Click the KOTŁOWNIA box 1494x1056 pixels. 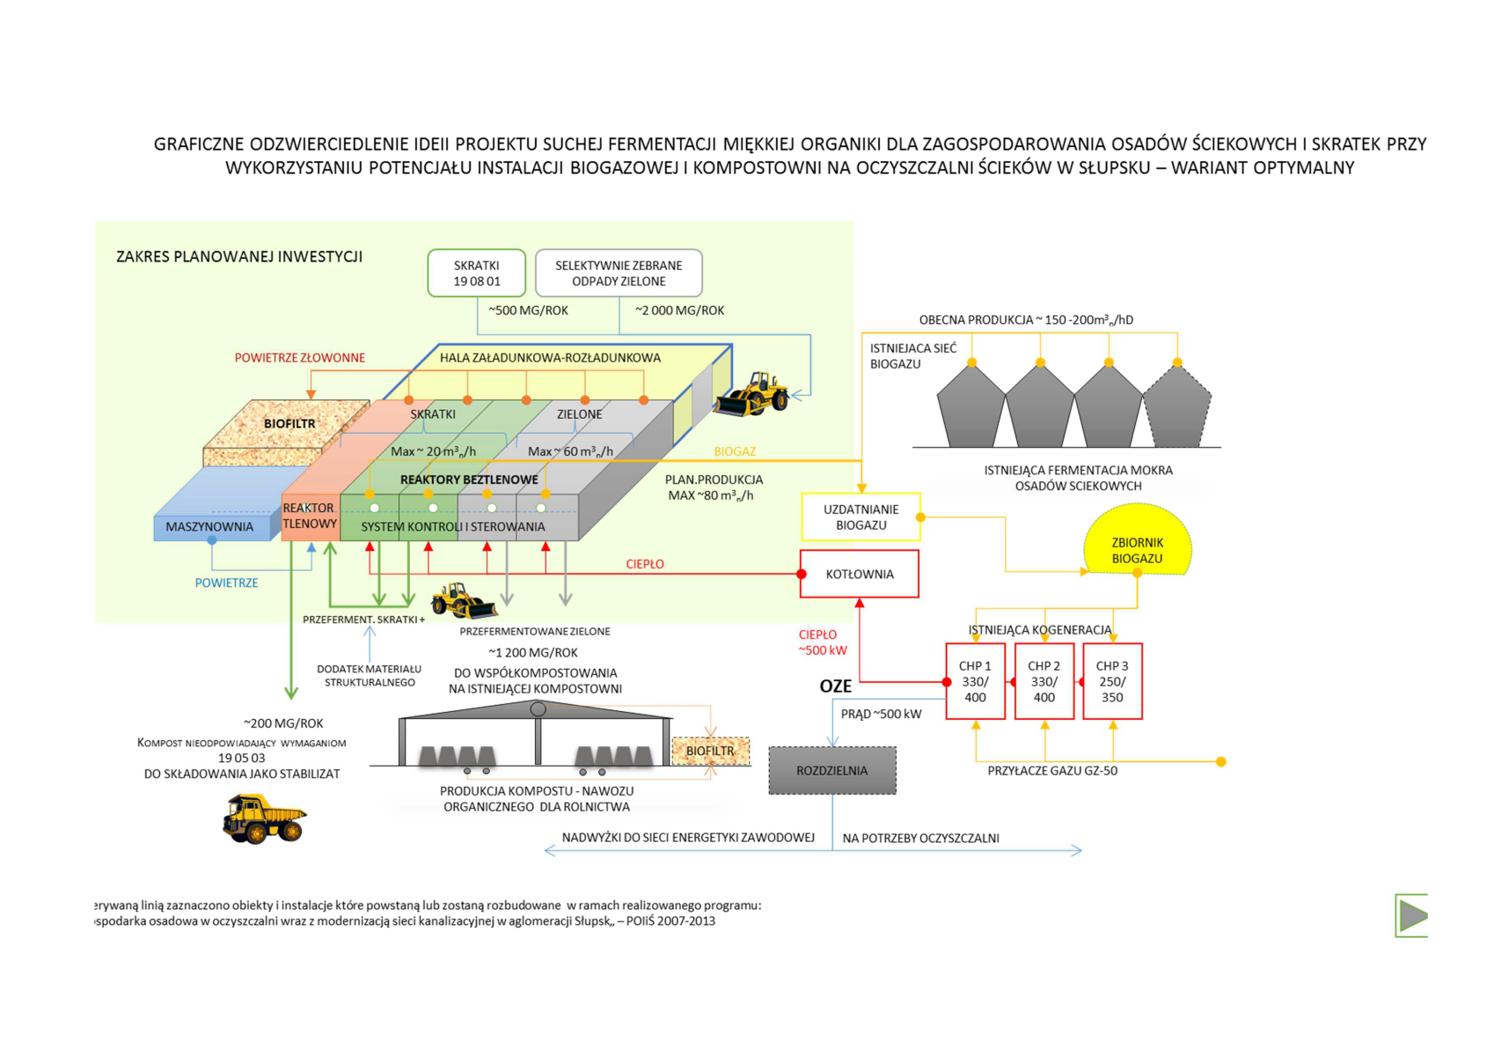[859, 574]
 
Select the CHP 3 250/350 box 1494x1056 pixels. [1112, 681]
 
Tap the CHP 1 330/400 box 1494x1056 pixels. [975, 681]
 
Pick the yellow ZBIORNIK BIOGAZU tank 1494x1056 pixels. [1137, 542]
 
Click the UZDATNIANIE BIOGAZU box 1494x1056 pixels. [861, 517]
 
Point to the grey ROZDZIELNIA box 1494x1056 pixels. [831, 770]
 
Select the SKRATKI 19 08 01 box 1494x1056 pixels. [476, 273]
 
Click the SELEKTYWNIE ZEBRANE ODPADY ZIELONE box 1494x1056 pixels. [619, 273]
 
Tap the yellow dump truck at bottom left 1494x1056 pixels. [264, 818]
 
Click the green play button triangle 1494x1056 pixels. [1411, 915]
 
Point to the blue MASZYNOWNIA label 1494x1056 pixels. [209, 527]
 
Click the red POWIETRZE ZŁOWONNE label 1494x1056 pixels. [299, 358]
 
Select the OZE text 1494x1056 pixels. [835, 686]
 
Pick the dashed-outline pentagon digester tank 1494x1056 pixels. [1176, 409]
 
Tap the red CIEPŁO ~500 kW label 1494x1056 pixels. [822, 642]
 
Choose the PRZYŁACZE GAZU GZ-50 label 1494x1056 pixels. [1052, 771]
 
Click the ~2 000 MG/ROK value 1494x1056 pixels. [679, 311]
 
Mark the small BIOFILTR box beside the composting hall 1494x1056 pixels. [710, 751]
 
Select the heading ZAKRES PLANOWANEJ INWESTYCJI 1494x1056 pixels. [239, 257]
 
